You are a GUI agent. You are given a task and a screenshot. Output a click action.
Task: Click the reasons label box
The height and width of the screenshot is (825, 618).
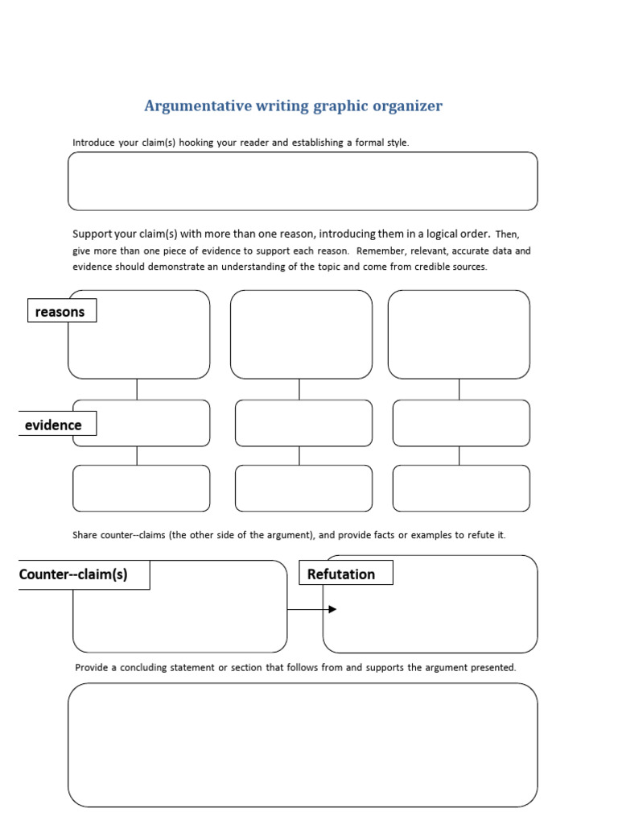tap(61, 311)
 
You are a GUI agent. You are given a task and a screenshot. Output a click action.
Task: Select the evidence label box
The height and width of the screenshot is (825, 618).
tap(54, 425)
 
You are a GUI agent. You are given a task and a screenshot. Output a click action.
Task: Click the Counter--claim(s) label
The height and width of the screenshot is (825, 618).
tap(74, 574)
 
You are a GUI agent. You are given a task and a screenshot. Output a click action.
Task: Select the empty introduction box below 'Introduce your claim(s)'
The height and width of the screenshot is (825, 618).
tap(303, 181)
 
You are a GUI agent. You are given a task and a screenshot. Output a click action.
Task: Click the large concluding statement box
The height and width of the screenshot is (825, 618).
tap(303, 744)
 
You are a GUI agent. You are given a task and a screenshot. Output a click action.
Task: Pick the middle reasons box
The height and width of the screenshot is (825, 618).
tap(301, 334)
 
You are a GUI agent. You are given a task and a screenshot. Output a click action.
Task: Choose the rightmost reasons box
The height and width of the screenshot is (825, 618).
tap(459, 334)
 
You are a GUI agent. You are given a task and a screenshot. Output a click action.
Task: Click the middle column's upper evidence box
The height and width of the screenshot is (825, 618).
tap(303, 423)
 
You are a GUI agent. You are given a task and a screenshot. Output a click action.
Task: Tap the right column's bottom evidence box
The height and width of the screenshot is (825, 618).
tap(461, 488)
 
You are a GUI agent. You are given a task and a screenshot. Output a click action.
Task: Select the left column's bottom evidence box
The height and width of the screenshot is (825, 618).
tap(141, 488)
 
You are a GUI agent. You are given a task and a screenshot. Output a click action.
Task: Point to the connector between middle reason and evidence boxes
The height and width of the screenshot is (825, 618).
tap(299, 389)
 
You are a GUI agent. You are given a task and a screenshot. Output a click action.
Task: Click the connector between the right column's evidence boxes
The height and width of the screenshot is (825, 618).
tap(459, 456)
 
